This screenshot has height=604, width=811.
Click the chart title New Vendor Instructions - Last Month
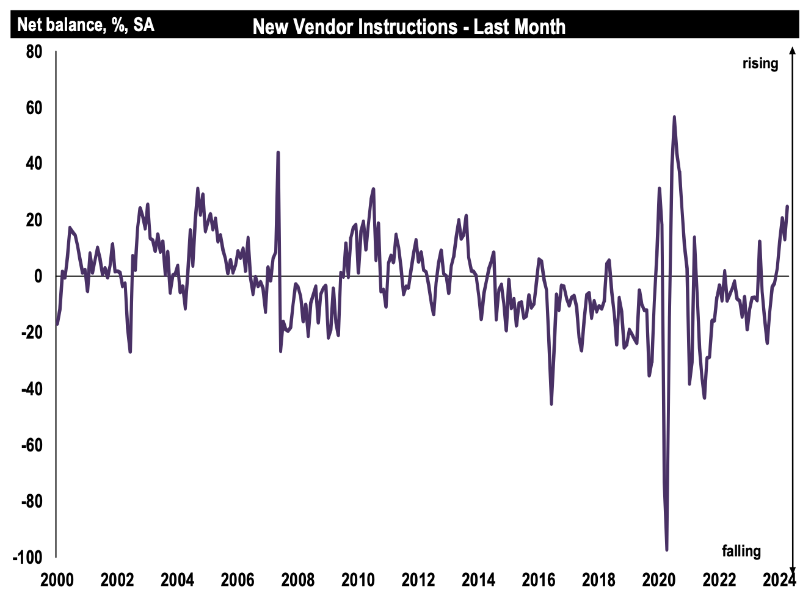(409, 27)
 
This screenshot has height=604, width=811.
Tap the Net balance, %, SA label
(85, 25)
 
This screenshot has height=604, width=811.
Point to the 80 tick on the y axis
(34, 52)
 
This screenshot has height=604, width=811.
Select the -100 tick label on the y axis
(29, 558)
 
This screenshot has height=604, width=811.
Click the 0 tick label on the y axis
(38, 276)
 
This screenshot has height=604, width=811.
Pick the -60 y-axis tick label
(32, 445)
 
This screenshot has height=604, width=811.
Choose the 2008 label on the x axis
(297, 580)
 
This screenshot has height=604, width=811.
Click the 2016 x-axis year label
(539, 580)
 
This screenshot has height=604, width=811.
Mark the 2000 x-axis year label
(57, 580)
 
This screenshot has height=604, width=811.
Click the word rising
(760, 63)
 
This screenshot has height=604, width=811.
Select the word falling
(741, 551)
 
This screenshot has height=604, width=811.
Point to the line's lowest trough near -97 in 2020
(667, 550)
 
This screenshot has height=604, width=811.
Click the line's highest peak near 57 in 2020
(674, 117)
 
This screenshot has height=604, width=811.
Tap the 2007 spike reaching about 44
(278, 153)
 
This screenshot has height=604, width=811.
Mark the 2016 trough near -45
(551, 404)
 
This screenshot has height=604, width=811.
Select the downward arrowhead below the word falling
(793, 566)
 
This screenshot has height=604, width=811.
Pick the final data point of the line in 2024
(787, 206)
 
